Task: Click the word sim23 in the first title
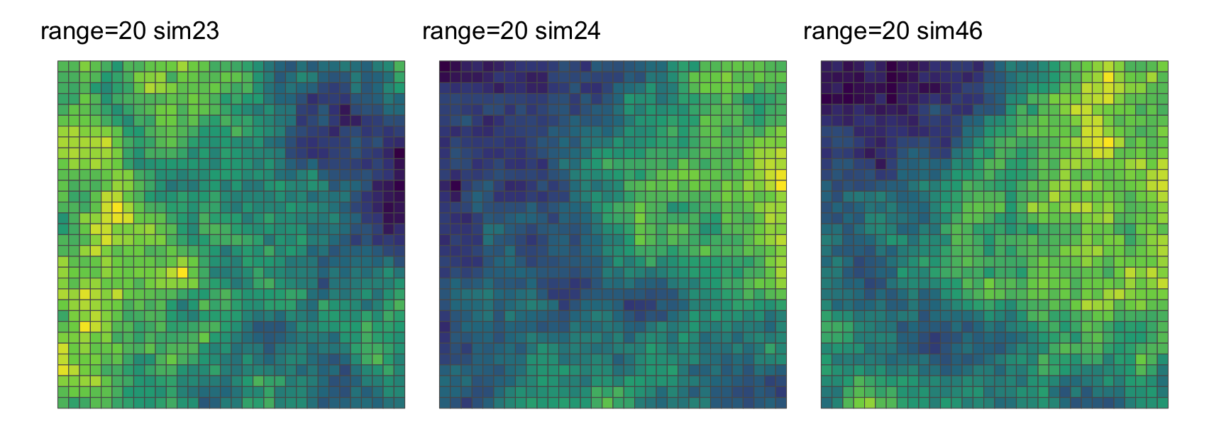(187, 31)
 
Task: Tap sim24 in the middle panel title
(568, 31)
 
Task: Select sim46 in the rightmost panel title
(949, 31)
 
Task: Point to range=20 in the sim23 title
(90, 31)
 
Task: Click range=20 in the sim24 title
(472, 31)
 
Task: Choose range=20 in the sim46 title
(853, 31)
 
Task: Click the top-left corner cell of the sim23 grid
(63, 66)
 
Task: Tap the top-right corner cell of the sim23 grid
(399, 66)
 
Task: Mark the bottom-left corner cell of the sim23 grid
(63, 403)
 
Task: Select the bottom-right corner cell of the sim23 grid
(399, 403)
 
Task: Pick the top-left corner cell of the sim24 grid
(445, 66)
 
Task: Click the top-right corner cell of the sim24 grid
(781, 66)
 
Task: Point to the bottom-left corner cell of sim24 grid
(445, 403)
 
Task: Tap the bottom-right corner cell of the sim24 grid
(781, 403)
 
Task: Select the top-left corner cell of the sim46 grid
(827, 66)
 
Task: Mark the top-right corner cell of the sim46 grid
(1163, 66)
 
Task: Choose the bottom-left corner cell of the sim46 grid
(827, 403)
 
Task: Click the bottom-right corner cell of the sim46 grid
(1163, 403)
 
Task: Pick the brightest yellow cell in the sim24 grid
(781, 185)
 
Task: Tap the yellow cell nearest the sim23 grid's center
(182, 272)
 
